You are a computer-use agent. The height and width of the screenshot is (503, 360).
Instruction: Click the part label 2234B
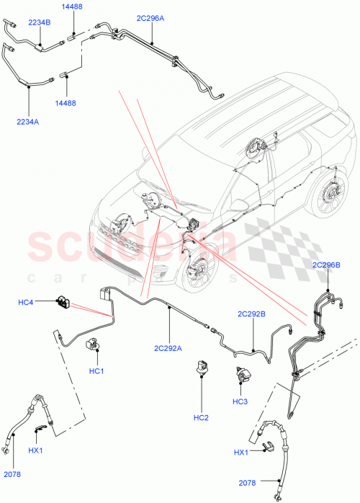click(40, 22)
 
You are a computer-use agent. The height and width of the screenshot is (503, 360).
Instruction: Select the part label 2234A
click(27, 122)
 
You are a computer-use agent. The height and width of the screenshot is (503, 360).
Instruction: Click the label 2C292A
click(166, 348)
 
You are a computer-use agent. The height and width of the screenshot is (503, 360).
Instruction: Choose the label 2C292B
click(252, 314)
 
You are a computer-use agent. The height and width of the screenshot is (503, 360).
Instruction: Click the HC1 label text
click(97, 371)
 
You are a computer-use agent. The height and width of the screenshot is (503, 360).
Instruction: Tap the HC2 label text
click(200, 417)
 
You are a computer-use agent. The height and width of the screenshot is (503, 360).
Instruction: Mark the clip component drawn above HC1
click(93, 344)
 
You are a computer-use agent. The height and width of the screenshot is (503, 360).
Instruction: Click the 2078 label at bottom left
click(13, 473)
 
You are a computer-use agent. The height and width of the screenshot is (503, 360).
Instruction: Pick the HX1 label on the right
click(241, 452)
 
